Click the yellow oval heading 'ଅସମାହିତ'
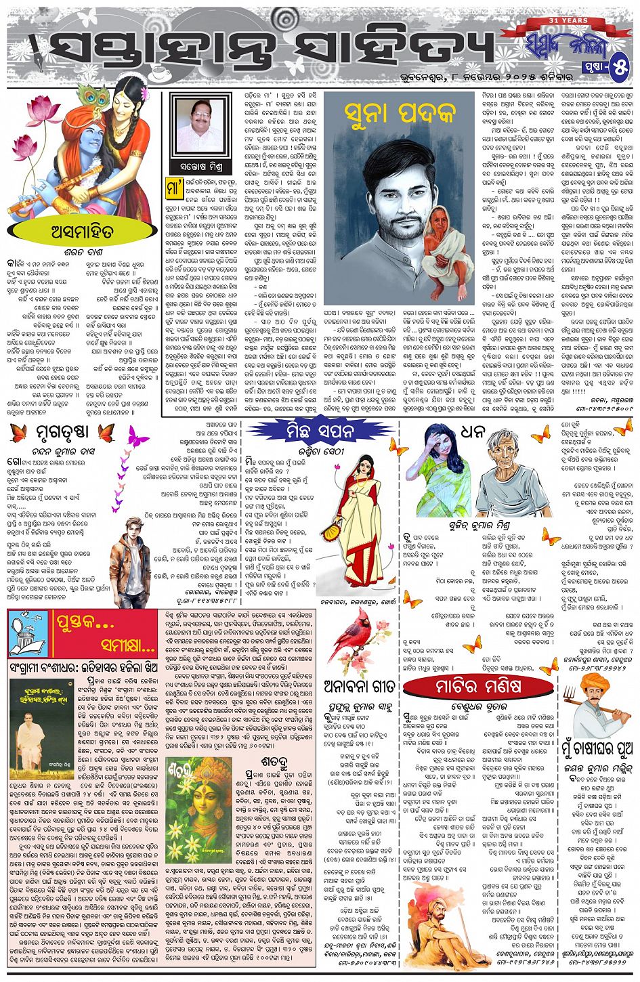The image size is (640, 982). click(81, 232)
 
